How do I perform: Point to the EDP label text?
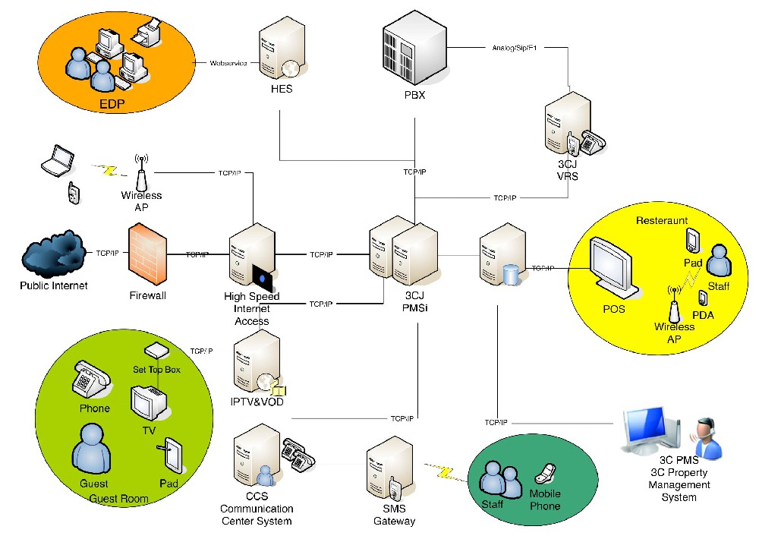(x=112, y=104)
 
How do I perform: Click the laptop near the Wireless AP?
(x=57, y=160)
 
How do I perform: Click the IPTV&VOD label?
(x=259, y=401)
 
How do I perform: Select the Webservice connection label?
(x=228, y=63)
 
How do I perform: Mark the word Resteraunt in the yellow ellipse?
(x=662, y=221)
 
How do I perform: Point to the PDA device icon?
(x=702, y=298)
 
